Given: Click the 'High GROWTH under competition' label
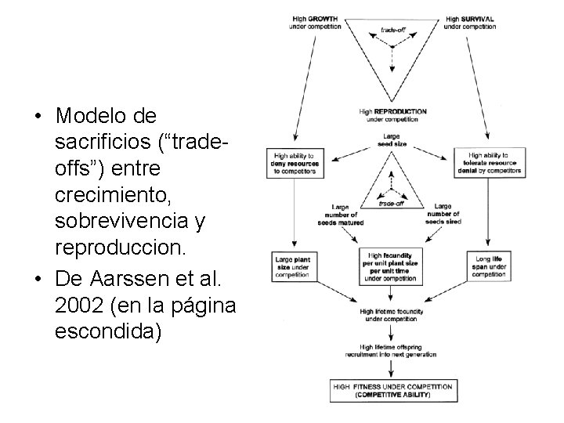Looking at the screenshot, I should coord(315,22).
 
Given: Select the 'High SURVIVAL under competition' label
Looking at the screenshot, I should coord(470,22).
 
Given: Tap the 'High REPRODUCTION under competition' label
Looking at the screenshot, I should coord(392,115).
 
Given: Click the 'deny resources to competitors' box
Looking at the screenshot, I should coord(294,163).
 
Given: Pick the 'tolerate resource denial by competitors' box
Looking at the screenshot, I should coord(488,163).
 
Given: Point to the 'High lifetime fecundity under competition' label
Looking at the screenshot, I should coord(392,315).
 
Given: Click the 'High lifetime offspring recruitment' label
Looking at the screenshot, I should coord(392,350).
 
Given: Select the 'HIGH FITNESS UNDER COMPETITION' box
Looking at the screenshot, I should coord(392,391).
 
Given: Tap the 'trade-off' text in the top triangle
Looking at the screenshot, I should coord(392,30).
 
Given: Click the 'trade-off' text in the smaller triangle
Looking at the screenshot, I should coord(392,203).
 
